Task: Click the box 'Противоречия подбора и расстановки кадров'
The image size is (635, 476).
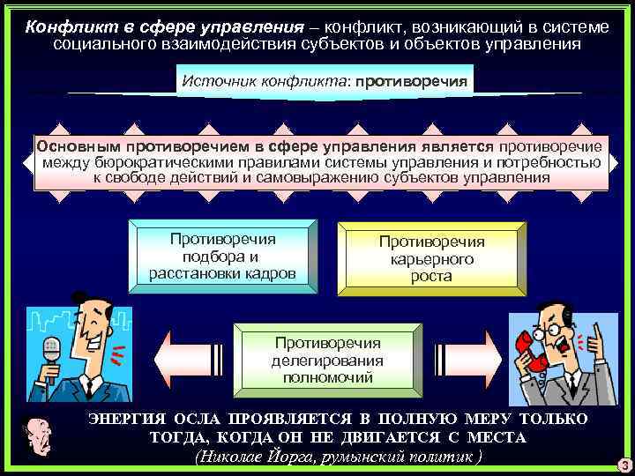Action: [x=222, y=256]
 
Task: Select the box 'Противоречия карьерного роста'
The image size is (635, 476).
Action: [x=431, y=257]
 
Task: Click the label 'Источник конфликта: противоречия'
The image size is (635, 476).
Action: [x=324, y=80]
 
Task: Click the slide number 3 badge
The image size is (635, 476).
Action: [x=623, y=465]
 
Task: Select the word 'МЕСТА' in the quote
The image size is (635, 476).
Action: [x=494, y=437]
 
